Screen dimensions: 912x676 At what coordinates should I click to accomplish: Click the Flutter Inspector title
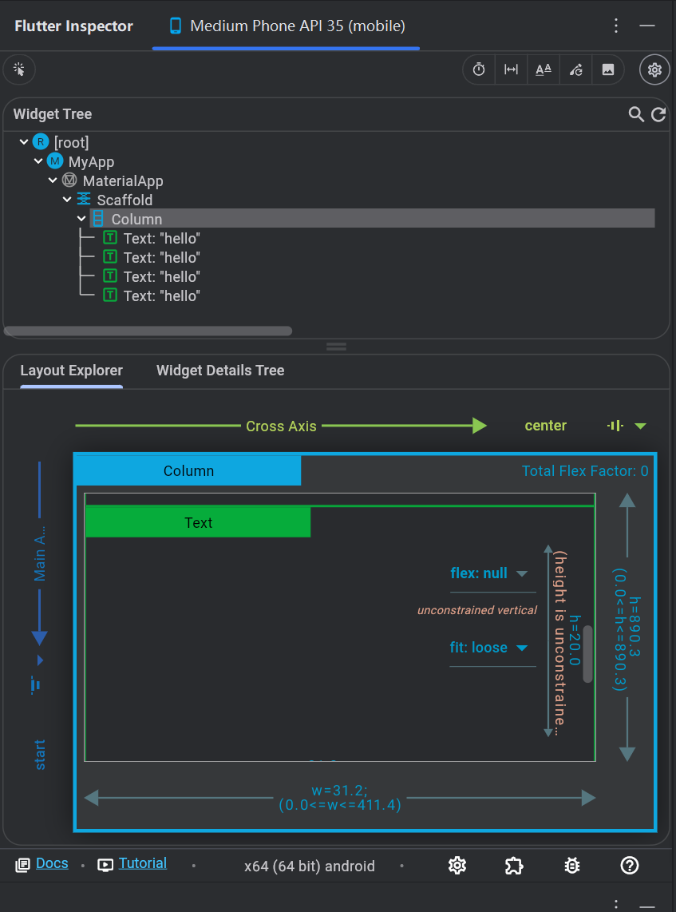tap(73, 26)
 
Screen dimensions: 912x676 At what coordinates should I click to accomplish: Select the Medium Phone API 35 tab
tap(287, 26)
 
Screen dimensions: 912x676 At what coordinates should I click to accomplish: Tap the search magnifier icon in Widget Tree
tap(636, 115)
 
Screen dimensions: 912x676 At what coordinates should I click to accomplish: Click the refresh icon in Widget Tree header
tap(658, 115)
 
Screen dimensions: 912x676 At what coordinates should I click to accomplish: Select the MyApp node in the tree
tap(91, 162)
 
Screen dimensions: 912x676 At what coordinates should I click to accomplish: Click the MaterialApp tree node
tap(122, 181)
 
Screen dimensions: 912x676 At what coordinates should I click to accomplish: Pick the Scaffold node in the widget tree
tap(125, 200)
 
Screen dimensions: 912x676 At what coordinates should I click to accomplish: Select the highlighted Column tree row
tap(136, 220)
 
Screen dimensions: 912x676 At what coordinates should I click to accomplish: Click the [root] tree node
tap(71, 143)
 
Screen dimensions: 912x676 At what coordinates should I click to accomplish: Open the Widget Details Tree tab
tap(220, 371)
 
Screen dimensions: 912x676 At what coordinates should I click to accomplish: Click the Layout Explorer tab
tap(72, 371)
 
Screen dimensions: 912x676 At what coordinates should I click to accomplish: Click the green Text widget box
tap(198, 523)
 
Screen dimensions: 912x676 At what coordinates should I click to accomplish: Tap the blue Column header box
tap(188, 471)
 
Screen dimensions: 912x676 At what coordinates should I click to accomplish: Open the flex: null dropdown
tap(489, 573)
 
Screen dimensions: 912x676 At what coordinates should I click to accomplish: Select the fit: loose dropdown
tap(489, 648)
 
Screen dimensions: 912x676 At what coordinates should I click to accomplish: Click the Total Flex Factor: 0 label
tap(585, 471)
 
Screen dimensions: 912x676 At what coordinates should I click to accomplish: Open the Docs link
tap(52, 863)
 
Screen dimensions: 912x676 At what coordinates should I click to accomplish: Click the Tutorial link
tap(142, 863)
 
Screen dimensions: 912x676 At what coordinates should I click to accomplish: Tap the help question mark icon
tap(630, 865)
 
